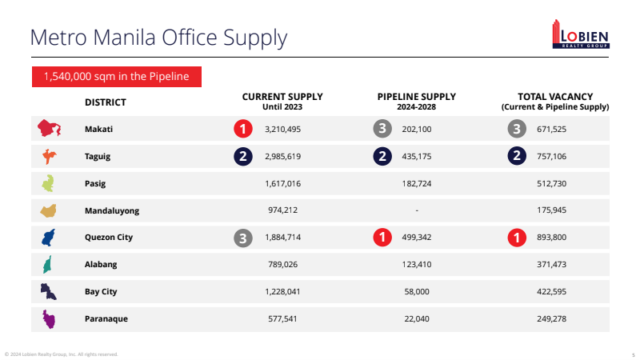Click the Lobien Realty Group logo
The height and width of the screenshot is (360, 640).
click(581, 34)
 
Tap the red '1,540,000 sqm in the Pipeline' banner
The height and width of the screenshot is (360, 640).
click(117, 77)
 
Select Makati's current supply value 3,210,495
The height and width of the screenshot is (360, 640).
click(282, 129)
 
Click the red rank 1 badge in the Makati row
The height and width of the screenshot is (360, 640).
click(243, 129)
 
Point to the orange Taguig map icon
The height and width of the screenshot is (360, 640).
click(50, 156)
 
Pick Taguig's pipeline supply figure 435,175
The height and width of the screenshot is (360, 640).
click(416, 156)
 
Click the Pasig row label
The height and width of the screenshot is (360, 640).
click(95, 184)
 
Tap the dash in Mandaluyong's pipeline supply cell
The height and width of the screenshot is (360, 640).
click(417, 210)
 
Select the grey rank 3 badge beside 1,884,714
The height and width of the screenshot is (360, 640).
click(243, 238)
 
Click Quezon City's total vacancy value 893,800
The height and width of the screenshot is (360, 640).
click(551, 237)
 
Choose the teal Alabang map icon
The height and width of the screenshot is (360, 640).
click(47, 265)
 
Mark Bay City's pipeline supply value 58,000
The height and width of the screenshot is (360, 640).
click(417, 291)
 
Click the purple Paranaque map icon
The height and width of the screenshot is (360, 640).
click(49, 319)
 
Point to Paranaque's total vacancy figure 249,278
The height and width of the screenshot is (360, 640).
click(551, 318)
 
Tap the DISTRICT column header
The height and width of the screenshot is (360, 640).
click(106, 102)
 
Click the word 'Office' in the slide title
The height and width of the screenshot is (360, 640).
click(190, 37)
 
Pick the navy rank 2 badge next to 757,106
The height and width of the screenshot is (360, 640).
click(517, 156)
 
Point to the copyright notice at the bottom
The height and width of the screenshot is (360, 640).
click(62, 354)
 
